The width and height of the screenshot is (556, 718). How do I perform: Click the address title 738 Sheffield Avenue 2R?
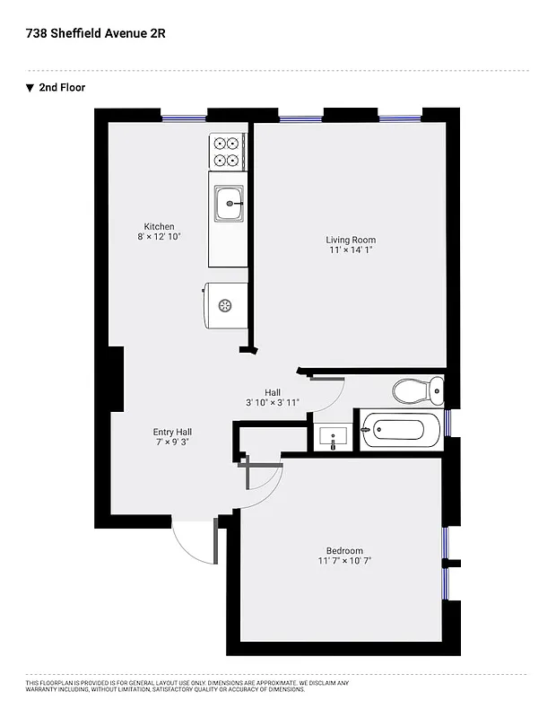(96, 33)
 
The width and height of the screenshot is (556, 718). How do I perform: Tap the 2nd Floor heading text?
(62, 88)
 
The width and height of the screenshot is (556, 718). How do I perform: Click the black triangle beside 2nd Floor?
(30, 88)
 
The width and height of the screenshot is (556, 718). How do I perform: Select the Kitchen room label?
(160, 226)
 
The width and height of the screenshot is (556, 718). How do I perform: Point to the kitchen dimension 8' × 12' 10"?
(160, 237)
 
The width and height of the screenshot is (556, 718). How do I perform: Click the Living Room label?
(350, 240)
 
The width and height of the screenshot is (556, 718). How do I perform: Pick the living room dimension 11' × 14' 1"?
(350, 250)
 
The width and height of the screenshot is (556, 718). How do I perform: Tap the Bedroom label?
(344, 550)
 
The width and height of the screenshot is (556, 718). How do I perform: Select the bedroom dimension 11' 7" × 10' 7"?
(344, 561)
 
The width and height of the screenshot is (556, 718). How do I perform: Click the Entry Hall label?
(172, 432)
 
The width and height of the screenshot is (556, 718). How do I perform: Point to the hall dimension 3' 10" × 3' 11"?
(273, 403)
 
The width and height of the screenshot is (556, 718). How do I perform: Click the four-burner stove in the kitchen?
(228, 151)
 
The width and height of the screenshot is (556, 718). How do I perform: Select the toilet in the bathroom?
(418, 390)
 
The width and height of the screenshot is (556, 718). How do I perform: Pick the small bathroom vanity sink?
(334, 438)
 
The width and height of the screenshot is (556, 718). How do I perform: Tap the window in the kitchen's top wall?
(184, 116)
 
